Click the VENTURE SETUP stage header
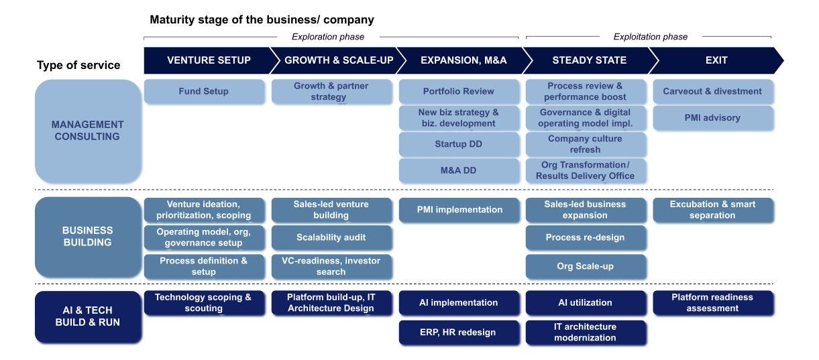[x=209, y=60]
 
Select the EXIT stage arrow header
[x=716, y=60]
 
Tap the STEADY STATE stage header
[x=589, y=60]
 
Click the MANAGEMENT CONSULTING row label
[x=88, y=131]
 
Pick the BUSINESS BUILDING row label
[x=88, y=237]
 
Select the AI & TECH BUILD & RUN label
[x=88, y=316]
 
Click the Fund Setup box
[x=203, y=92]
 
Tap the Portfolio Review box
[x=459, y=92]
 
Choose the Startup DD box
[x=459, y=144]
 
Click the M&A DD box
[x=459, y=170]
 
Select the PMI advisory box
[x=712, y=118]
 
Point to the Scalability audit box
[x=331, y=237]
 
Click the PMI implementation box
[x=459, y=210]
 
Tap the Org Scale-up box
[x=586, y=266]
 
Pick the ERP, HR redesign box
[x=459, y=333]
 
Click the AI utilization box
[x=586, y=303]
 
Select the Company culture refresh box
[x=586, y=144]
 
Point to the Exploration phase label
[x=328, y=37]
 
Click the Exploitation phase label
[x=651, y=37]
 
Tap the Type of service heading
[x=78, y=65]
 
